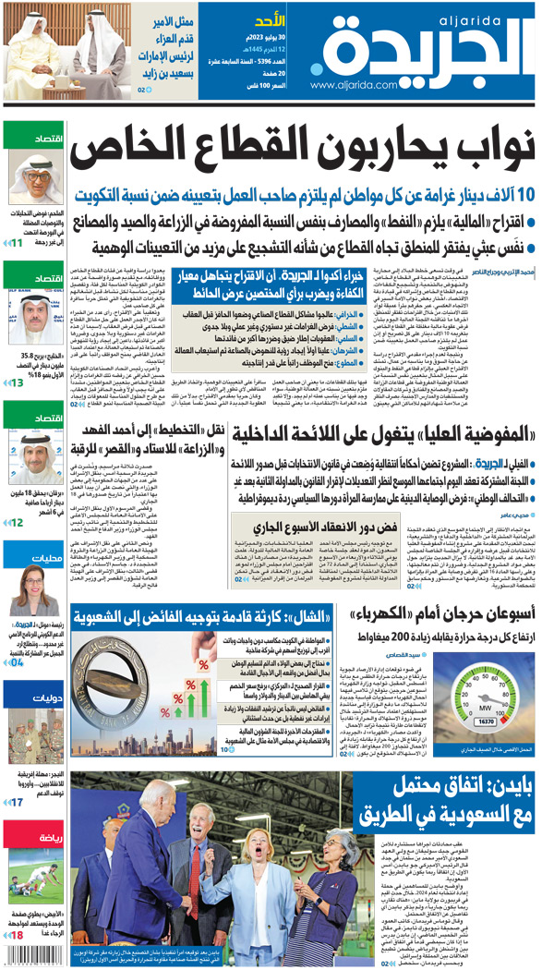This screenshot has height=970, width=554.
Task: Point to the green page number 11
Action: click(17, 243)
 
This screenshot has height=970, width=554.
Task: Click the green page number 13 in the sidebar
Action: click(17, 382)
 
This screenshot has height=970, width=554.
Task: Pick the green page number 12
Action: click(17, 523)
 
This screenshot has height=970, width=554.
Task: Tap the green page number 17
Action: click(17, 802)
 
